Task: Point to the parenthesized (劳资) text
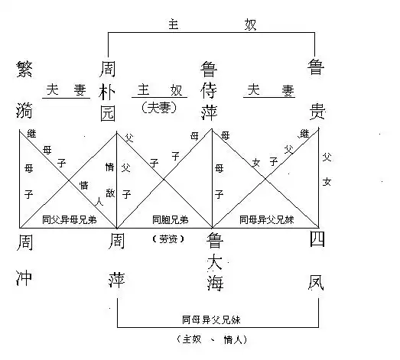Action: click(x=164, y=238)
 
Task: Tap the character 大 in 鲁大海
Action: click(x=213, y=262)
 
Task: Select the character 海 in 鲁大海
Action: click(x=213, y=282)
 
